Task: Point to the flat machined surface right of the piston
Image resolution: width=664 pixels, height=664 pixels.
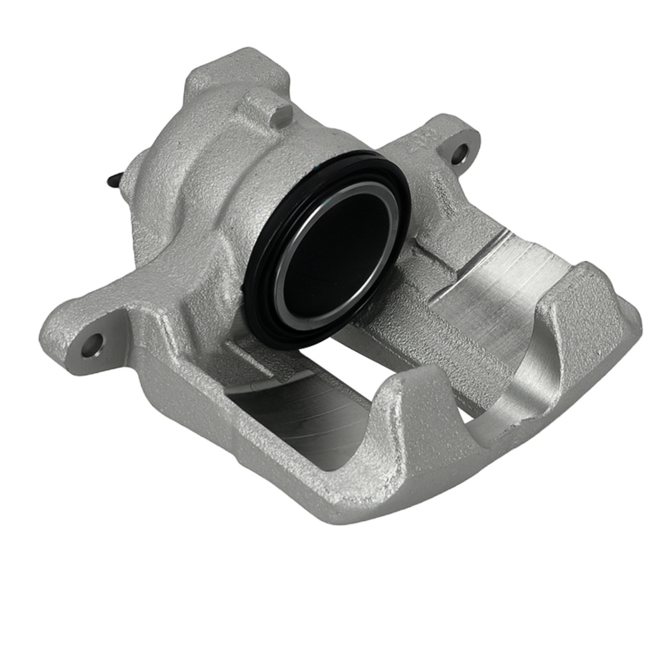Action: [x=525, y=266]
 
